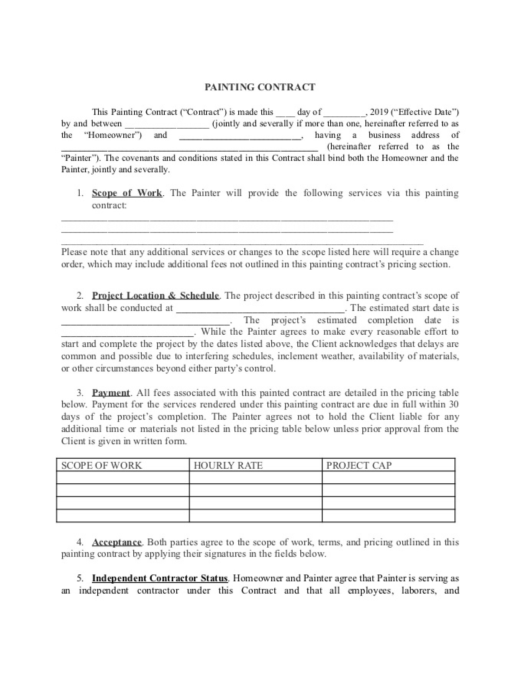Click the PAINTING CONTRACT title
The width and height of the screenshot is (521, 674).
coord(260,87)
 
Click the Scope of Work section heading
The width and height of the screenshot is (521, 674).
coord(127,193)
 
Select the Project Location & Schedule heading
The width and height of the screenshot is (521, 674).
coord(156,296)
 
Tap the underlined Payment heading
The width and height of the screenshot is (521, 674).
coord(111,393)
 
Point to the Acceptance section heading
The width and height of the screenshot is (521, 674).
coord(117,542)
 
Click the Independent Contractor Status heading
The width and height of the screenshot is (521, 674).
coord(160,578)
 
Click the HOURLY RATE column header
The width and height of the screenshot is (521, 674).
coord(228,465)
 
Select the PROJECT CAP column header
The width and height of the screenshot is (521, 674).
coord(359,465)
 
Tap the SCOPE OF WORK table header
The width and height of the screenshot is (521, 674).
coord(102,465)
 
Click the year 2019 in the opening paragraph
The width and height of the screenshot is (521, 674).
coord(379,112)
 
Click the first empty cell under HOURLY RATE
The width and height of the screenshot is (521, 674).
coord(256,478)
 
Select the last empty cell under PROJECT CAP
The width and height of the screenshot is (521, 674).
coord(388,515)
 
